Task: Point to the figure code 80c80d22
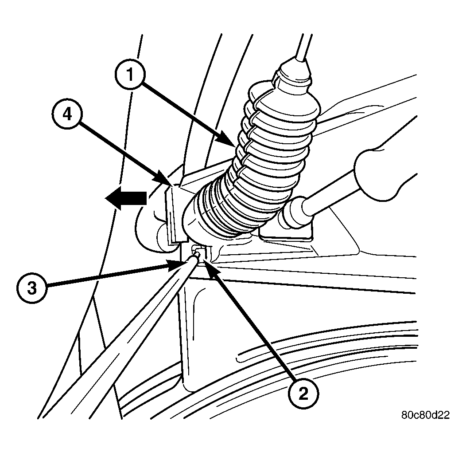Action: click(x=425, y=415)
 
